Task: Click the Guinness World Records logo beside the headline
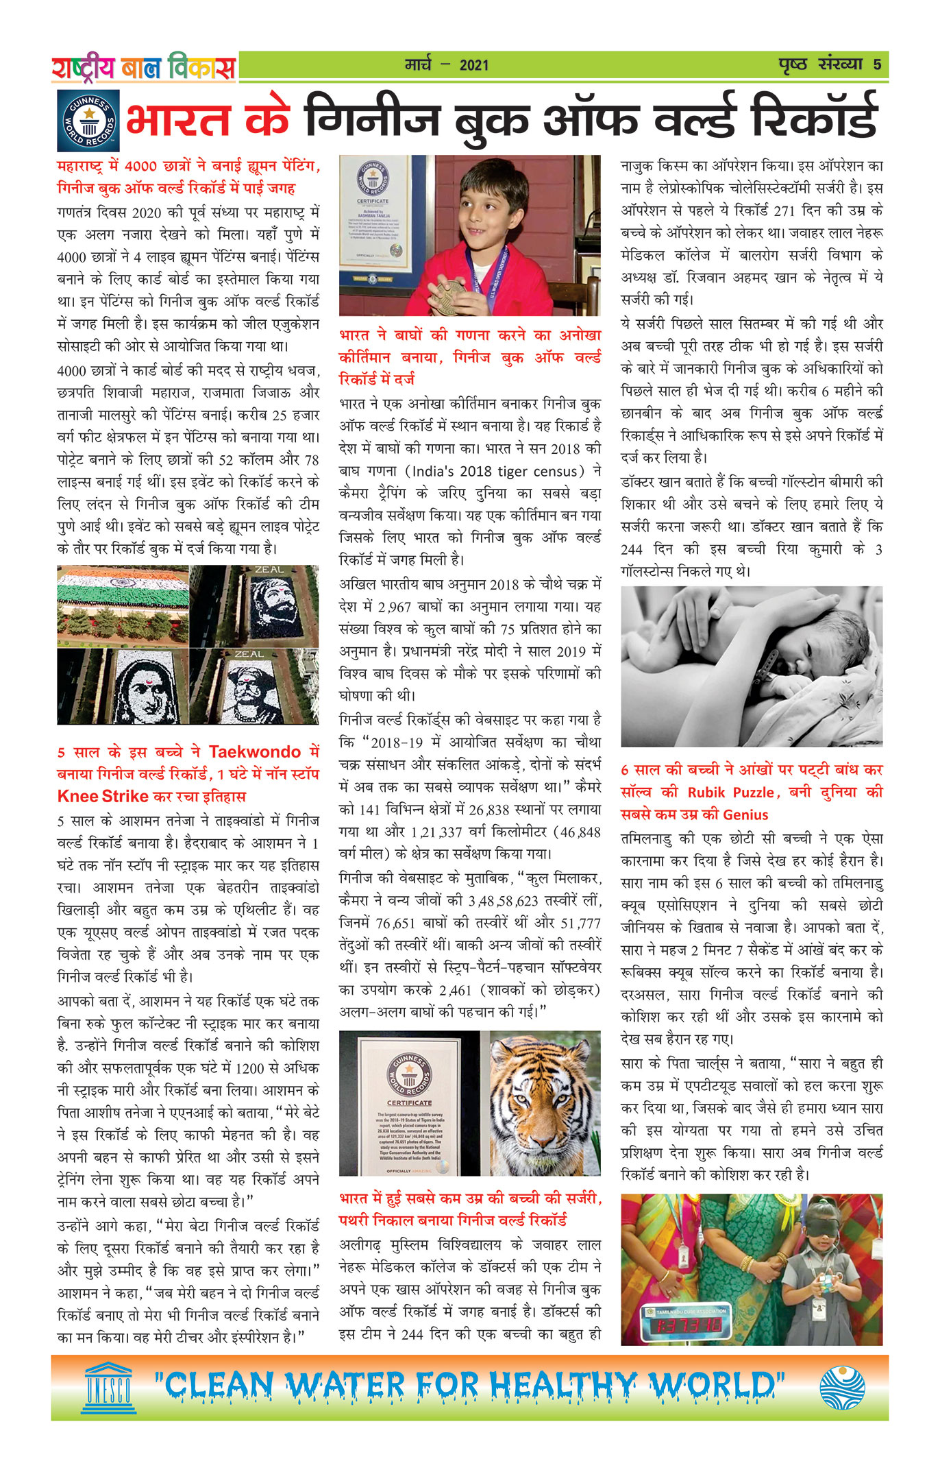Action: click(88, 121)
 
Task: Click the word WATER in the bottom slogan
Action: click(345, 1386)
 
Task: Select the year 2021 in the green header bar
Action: click(474, 66)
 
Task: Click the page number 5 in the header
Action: click(877, 65)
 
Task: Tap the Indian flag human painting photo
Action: click(122, 605)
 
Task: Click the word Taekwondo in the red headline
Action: click(255, 752)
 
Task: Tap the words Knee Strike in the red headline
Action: click(103, 797)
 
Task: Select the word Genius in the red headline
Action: click(745, 815)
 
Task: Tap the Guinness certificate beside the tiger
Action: click(410, 1105)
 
